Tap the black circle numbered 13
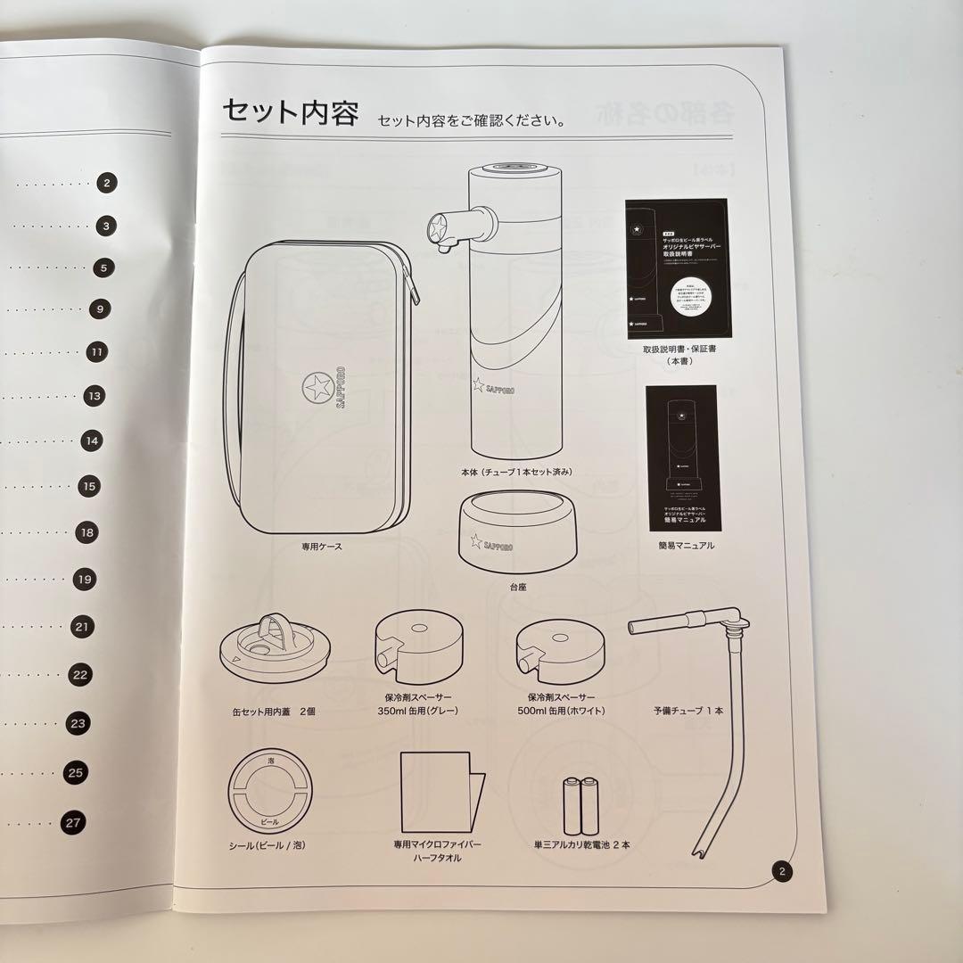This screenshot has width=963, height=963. point(95,396)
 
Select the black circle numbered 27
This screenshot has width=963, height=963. point(74,823)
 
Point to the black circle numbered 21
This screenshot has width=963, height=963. point(82,627)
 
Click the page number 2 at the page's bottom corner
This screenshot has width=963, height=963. point(782,872)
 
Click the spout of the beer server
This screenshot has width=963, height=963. point(441,228)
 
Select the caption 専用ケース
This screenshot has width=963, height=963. point(321,547)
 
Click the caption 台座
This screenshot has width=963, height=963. point(517,588)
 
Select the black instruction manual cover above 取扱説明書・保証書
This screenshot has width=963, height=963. point(677,268)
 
